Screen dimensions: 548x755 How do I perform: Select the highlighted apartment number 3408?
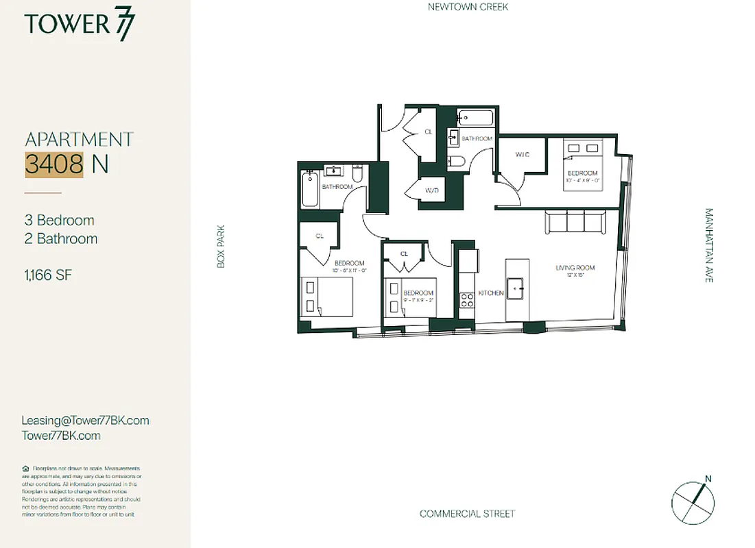pos(54,164)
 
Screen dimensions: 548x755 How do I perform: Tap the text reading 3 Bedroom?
pos(59,221)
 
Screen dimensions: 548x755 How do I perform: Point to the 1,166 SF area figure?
pos(48,275)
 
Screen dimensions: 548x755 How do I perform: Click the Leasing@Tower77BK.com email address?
pos(85,421)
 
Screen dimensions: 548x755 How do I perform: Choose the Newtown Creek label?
pos(468,7)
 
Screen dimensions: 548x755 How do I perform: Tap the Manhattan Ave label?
pos(709,246)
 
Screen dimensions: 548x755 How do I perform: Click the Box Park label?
pos(221,247)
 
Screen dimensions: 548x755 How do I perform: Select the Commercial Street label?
pos(467,514)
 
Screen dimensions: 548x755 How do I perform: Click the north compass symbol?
pos(693,499)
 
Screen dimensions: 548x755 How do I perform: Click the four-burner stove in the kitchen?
pos(467,299)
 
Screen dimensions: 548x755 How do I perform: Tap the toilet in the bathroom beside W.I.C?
pos(457,162)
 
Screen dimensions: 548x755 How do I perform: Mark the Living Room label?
pos(575,268)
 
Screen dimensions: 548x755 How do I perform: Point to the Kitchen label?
pos(491,293)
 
